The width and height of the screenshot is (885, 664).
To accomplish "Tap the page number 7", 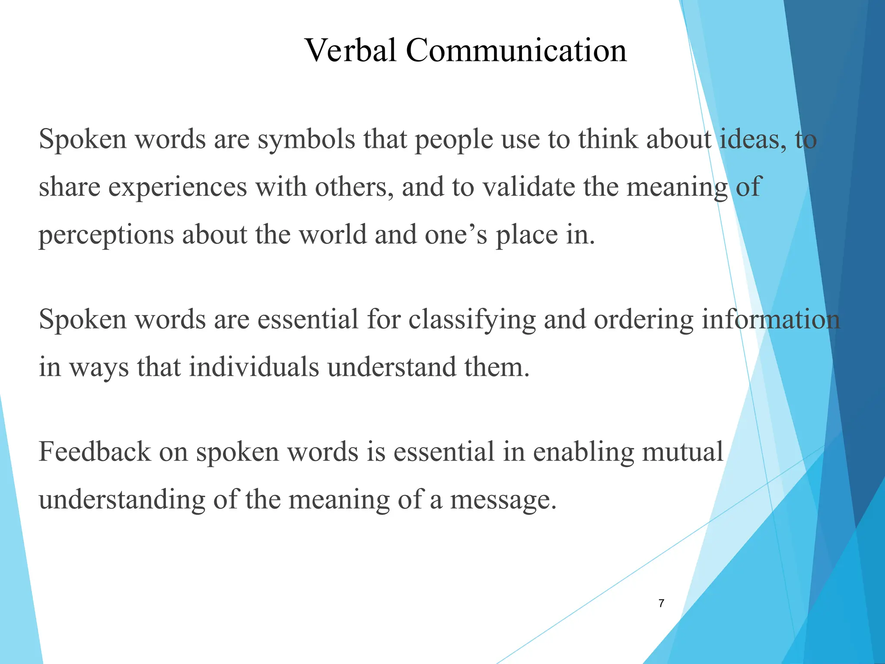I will coord(661,603).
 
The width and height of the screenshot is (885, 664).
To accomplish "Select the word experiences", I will coord(177,188).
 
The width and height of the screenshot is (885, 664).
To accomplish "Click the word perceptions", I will coord(106,236).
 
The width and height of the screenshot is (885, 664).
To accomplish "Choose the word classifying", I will coord(472,320).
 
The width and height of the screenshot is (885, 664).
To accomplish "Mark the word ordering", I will coord(643,320).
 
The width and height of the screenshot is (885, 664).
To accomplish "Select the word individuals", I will coord(254,367).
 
